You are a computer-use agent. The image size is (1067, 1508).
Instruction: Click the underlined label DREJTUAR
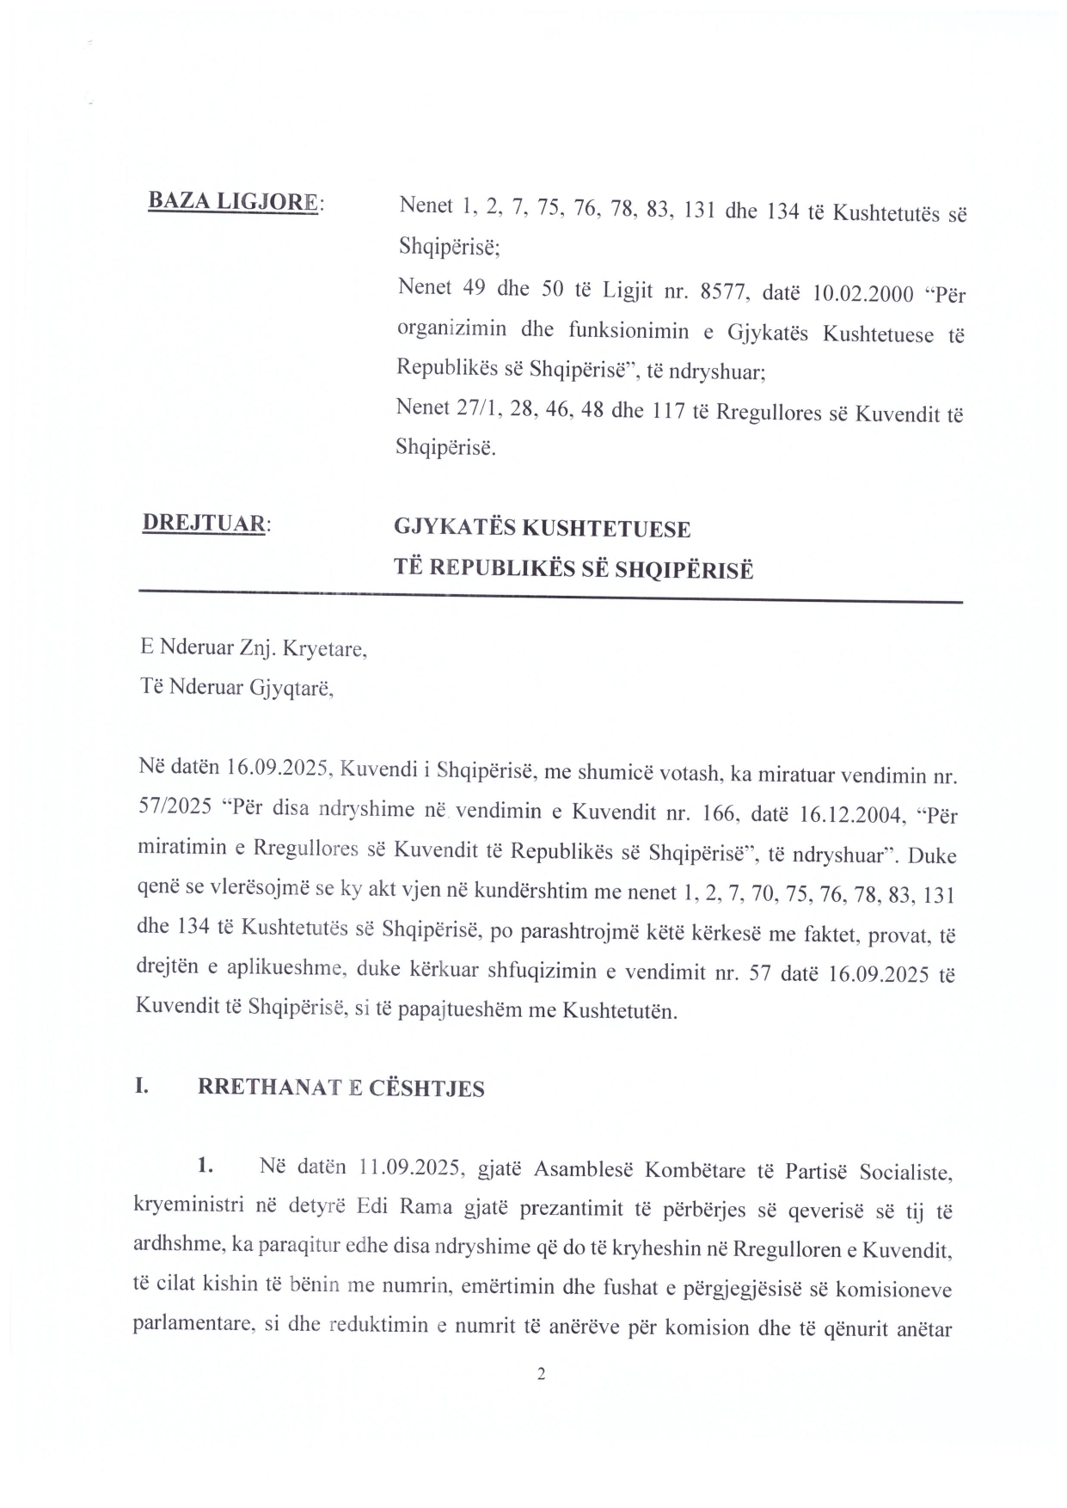pos(203,523)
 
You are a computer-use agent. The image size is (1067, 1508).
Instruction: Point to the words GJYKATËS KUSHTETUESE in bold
pos(542,528)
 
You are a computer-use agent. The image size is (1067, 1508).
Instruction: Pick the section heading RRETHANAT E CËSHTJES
pos(340,1088)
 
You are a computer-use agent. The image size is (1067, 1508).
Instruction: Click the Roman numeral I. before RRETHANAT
pos(143,1086)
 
